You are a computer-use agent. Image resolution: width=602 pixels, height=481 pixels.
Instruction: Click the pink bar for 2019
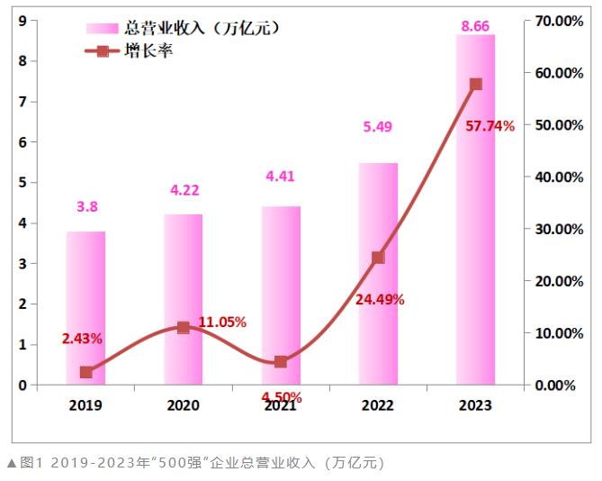tap(85, 308)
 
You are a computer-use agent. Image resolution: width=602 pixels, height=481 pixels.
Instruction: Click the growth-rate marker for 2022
tap(378, 257)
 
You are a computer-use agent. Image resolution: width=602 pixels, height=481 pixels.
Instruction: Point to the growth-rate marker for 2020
tap(184, 328)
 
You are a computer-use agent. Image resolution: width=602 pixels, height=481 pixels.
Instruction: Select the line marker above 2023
tap(476, 85)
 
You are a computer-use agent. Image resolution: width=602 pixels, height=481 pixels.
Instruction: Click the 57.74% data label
tap(490, 126)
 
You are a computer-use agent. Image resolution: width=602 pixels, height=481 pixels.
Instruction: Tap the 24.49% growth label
tap(380, 299)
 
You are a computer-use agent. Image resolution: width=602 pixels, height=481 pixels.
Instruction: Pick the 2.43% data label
tap(82, 339)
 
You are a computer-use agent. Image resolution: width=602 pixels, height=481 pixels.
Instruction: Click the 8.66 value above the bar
tap(475, 26)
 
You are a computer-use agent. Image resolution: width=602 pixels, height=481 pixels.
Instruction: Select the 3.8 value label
tap(86, 207)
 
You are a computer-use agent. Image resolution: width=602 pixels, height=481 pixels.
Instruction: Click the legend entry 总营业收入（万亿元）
tap(184, 28)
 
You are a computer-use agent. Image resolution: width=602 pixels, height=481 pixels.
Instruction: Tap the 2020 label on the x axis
tap(183, 405)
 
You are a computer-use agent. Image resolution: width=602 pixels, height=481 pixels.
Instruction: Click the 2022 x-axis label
tap(378, 405)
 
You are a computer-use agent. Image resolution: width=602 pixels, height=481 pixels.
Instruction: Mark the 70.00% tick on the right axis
tap(554, 21)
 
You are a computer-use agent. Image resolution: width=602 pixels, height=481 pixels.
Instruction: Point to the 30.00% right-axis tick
tap(554, 229)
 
